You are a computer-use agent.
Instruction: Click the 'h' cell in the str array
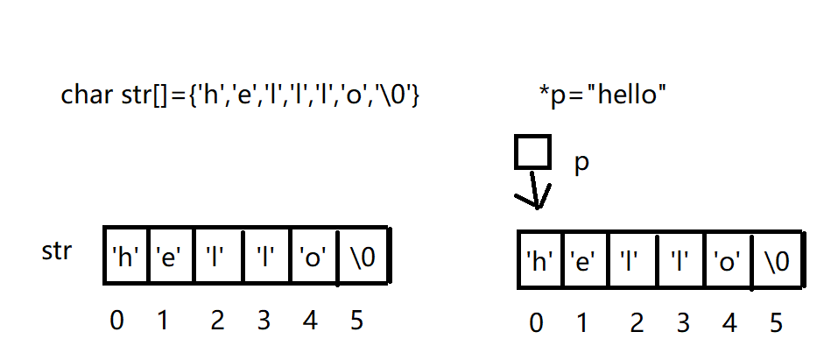coord(126,256)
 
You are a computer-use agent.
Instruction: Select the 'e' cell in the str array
coord(170,256)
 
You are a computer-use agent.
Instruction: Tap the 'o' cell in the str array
coord(313,256)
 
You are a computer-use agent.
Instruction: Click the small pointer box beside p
coord(532,152)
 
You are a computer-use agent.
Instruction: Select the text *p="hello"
coord(603,95)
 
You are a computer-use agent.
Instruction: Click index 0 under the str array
coord(116,321)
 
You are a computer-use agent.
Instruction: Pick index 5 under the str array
coord(356,321)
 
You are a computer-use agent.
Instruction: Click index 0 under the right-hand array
coord(536,324)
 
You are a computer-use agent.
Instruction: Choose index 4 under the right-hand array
coord(729,324)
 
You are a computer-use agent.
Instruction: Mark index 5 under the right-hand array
coord(775,324)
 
